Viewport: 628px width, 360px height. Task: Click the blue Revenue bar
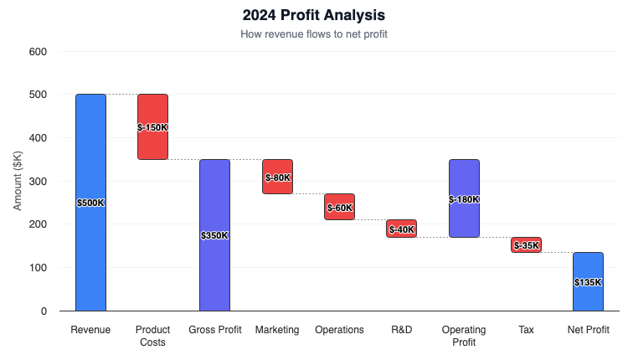(90, 251)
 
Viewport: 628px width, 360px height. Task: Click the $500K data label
(90, 203)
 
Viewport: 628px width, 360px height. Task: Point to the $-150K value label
(152, 127)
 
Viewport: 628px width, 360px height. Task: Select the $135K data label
(588, 282)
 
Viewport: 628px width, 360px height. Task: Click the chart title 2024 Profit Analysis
(314, 15)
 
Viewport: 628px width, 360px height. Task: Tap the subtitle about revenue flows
(314, 34)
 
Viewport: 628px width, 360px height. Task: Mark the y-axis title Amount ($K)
(18, 181)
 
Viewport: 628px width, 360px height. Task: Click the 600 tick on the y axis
(38, 52)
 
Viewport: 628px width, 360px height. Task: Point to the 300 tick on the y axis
(38, 182)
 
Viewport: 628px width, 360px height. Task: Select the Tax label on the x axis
(526, 330)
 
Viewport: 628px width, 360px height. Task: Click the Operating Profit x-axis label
(464, 336)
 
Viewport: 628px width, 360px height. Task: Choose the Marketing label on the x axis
(277, 330)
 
